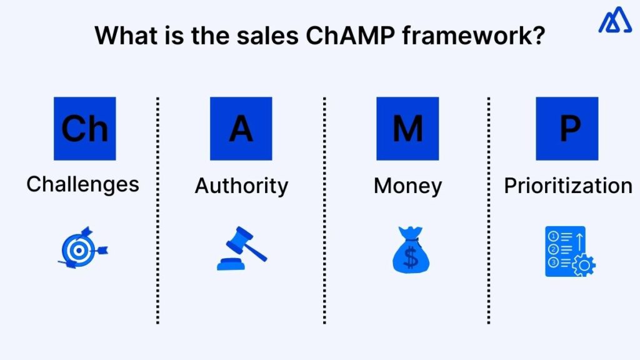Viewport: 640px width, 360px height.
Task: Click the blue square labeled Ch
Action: [84, 128]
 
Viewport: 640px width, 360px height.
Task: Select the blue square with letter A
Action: [241, 128]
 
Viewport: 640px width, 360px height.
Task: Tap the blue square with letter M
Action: [407, 128]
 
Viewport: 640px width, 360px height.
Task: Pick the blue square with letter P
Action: [567, 128]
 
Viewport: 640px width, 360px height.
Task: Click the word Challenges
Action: [82, 184]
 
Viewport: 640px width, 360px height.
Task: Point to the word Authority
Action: [241, 186]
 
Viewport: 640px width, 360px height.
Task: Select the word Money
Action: [407, 186]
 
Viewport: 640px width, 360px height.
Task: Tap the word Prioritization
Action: [568, 186]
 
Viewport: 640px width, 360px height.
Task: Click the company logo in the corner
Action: [615, 21]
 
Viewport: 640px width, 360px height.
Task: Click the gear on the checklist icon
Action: [584, 266]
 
